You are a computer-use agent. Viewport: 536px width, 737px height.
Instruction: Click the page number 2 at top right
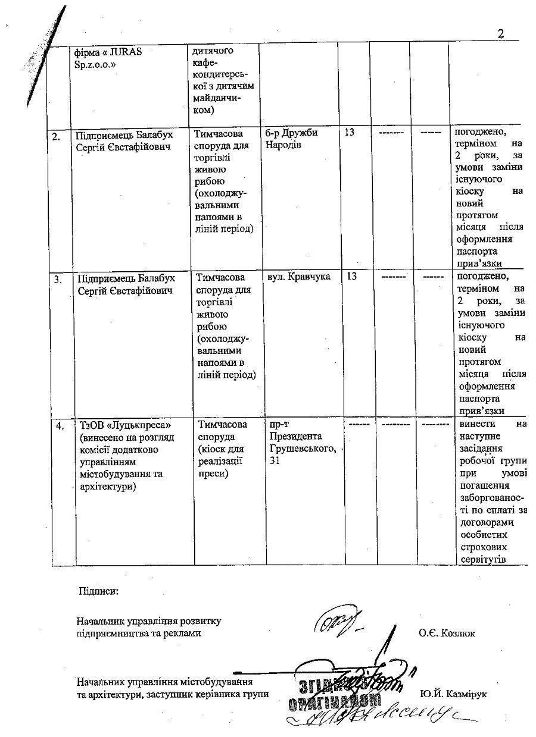501,34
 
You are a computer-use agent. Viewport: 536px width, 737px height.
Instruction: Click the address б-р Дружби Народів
293,138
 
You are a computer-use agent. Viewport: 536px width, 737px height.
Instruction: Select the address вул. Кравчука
300,277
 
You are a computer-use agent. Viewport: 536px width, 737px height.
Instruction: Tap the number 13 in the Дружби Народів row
350,132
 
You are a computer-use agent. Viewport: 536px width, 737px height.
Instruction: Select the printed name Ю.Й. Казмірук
453,694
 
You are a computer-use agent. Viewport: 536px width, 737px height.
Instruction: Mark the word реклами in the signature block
183,633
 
